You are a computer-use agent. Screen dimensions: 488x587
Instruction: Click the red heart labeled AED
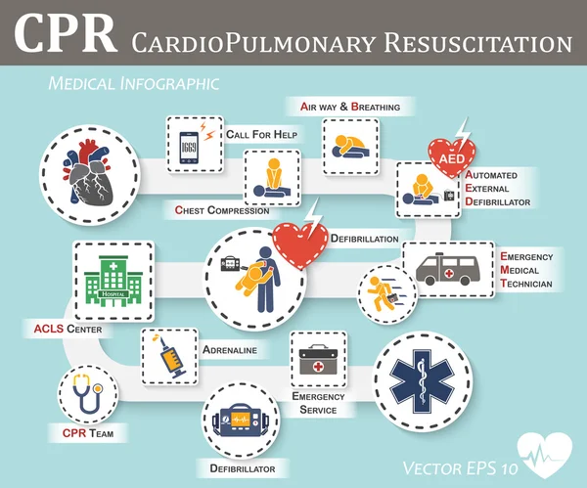tap(452, 155)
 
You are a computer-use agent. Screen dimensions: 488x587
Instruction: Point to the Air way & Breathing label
tap(348, 105)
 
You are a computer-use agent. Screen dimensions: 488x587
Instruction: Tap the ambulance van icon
tap(447, 269)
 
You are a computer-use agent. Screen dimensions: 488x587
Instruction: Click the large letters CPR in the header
tap(61, 39)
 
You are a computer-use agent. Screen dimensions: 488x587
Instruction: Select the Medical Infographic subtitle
tap(134, 84)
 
